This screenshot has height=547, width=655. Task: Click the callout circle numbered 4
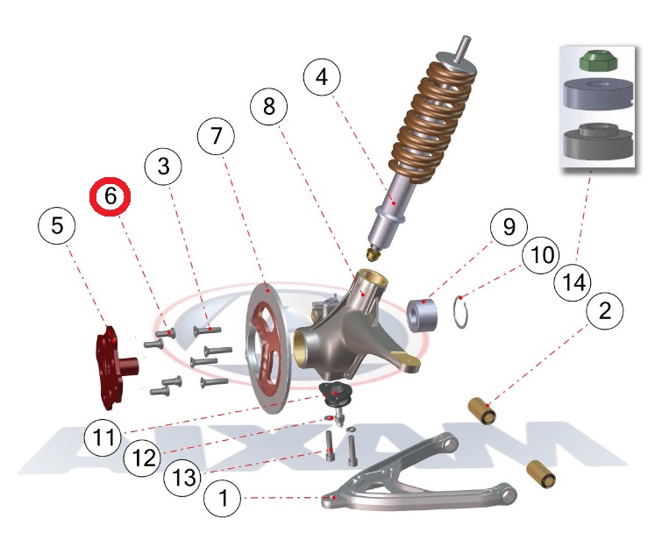coord(322,77)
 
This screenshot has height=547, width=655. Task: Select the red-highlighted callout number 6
coord(111,197)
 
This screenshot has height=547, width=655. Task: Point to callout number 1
coord(223,500)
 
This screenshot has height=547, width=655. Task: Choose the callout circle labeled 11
coord(103,436)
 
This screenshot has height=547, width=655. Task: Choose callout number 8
coord(267,108)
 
